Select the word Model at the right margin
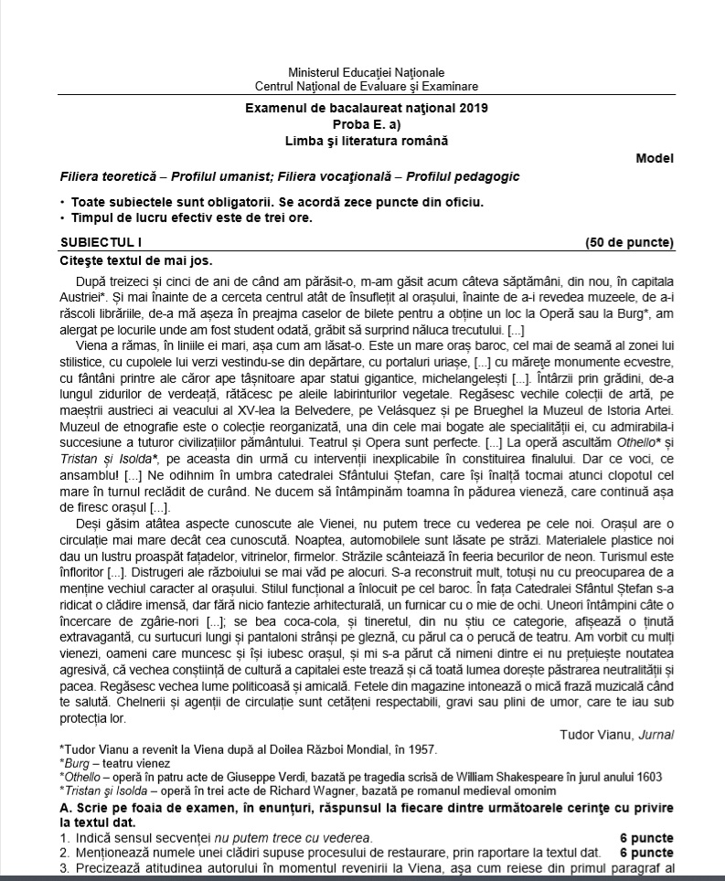coord(654,158)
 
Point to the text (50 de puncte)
coord(629,242)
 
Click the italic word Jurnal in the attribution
coord(655,735)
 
